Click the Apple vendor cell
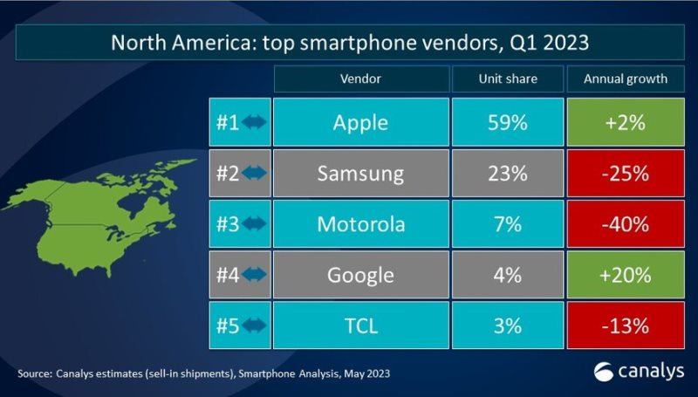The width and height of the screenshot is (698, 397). pyautogui.click(x=360, y=122)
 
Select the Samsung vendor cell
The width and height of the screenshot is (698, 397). pyautogui.click(x=360, y=173)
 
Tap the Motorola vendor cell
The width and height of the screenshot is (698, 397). pyautogui.click(x=360, y=224)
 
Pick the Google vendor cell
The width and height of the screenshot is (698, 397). pyautogui.click(x=360, y=276)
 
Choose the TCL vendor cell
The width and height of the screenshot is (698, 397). pyautogui.click(x=360, y=326)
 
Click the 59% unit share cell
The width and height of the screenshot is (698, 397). pyautogui.click(x=508, y=122)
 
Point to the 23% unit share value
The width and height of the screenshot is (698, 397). pyautogui.click(x=508, y=173)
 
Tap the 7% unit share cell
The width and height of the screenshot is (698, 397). pyautogui.click(x=508, y=224)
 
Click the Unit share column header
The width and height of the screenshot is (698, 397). pyautogui.click(x=508, y=79)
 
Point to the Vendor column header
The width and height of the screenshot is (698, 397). pyautogui.click(x=360, y=79)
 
